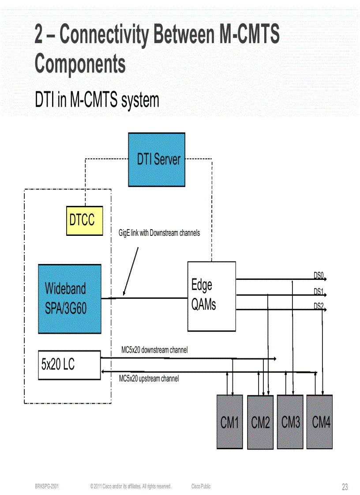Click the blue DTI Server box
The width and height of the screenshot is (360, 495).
click(x=157, y=160)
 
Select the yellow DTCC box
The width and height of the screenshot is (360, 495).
click(x=84, y=220)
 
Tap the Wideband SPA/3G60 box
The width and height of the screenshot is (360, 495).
click(x=70, y=298)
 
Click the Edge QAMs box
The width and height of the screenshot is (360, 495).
click(x=211, y=296)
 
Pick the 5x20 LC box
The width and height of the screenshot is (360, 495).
click(x=69, y=365)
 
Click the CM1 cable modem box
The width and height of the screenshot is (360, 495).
click(x=229, y=422)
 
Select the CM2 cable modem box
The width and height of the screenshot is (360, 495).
click(x=260, y=422)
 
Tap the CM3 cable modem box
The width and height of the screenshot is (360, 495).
click(x=290, y=422)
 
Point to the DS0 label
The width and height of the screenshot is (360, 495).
click(x=319, y=275)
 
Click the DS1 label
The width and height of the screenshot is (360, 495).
click(x=319, y=291)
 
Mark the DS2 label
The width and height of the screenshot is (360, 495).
click(x=319, y=306)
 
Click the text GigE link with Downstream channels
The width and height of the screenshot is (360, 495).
click(x=159, y=233)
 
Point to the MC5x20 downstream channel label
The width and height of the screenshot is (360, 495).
click(x=154, y=350)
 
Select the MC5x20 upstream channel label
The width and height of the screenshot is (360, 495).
click(x=149, y=378)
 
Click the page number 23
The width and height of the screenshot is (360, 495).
click(x=345, y=487)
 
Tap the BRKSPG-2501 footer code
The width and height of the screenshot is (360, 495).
click(x=47, y=486)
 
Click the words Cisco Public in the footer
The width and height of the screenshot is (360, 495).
click(x=201, y=486)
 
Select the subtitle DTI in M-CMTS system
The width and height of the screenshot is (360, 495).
click(x=97, y=100)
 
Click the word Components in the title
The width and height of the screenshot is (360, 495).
click(x=80, y=63)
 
